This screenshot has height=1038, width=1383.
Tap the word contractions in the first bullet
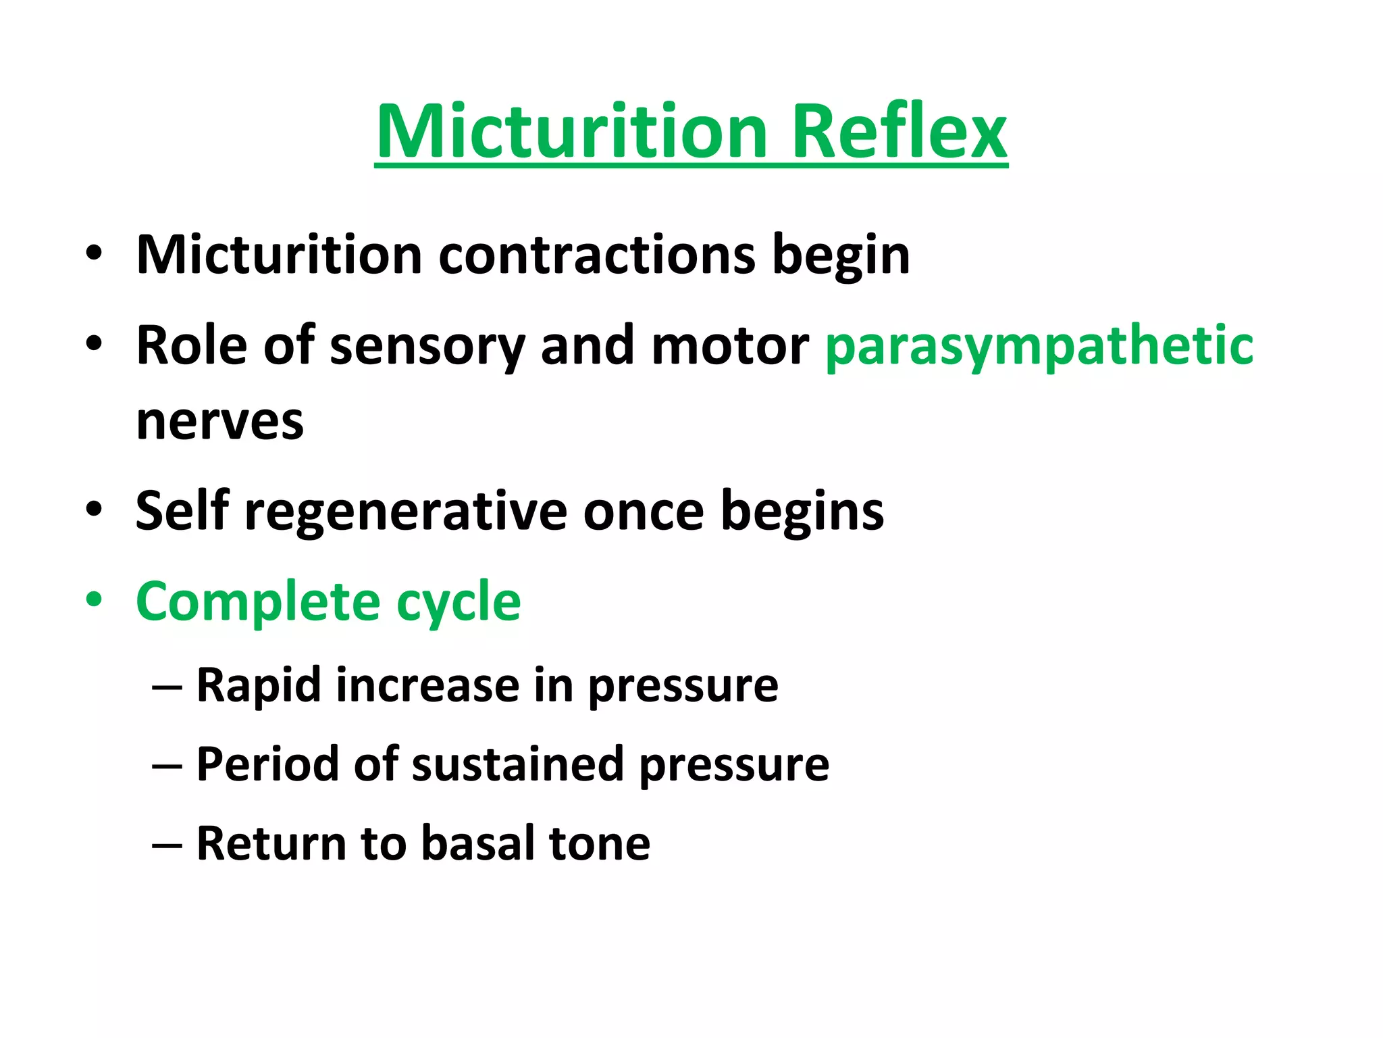tap(597, 255)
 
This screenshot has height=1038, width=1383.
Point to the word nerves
tap(220, 422)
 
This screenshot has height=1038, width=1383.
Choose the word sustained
tap(517, 764)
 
